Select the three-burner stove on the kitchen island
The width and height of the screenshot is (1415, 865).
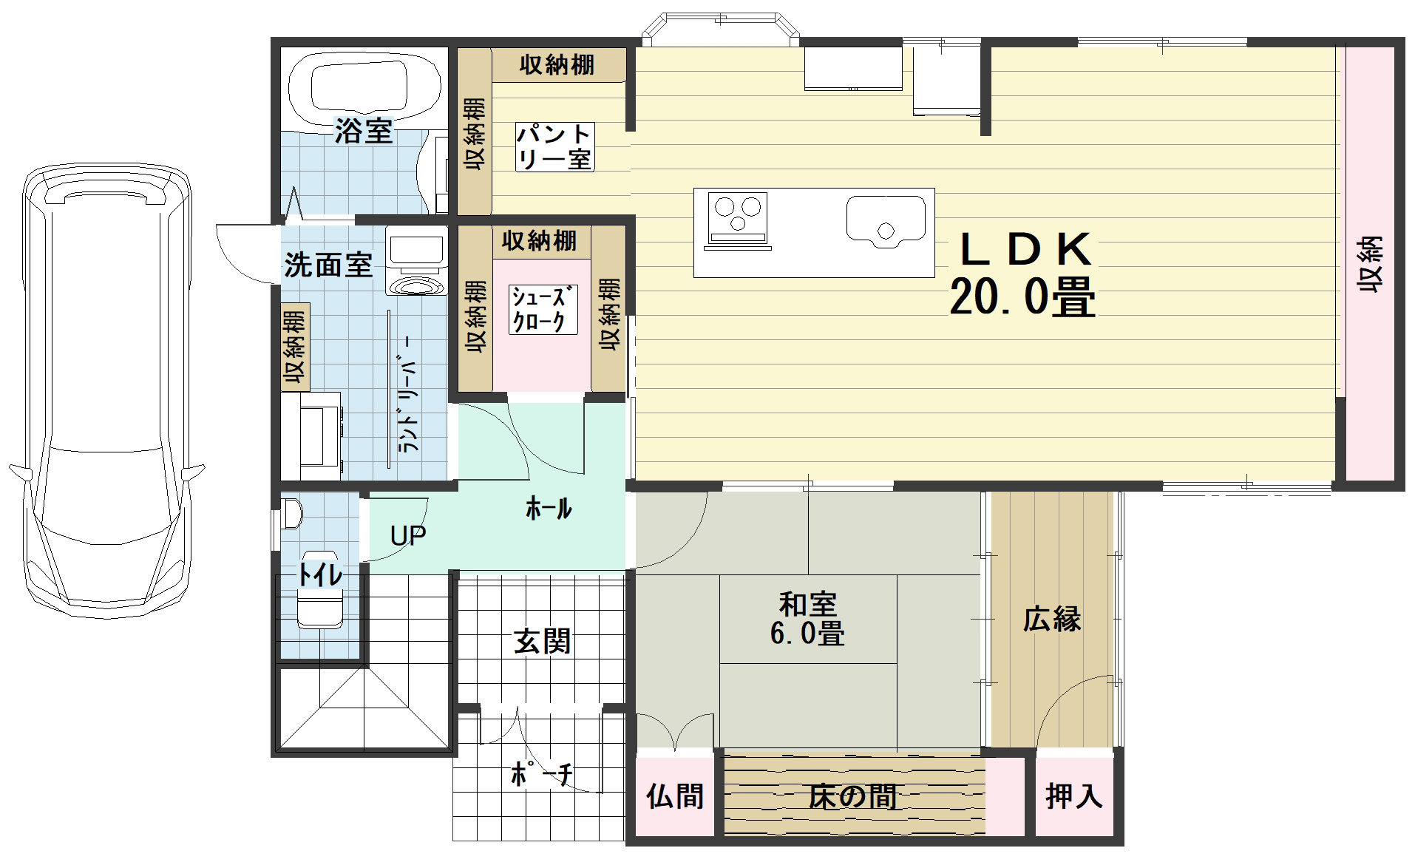point(737,218)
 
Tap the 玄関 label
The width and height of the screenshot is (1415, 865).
point(542,641)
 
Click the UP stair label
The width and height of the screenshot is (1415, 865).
point(408,535)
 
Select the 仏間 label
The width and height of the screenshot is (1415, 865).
point(675,796)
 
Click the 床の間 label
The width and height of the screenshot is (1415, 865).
point(853,796)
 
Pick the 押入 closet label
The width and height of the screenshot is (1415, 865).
point(1074,796)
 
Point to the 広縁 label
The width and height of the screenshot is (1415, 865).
point(1052,620)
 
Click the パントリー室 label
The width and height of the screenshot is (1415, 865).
point(554,147)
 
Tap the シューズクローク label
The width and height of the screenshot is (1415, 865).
point(543,309)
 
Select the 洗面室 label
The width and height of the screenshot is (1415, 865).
point(328,265)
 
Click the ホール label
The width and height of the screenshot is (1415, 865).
point(549,509)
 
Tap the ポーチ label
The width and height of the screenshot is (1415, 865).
point(542,774)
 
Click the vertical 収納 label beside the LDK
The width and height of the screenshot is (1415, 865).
point(1369,265)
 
